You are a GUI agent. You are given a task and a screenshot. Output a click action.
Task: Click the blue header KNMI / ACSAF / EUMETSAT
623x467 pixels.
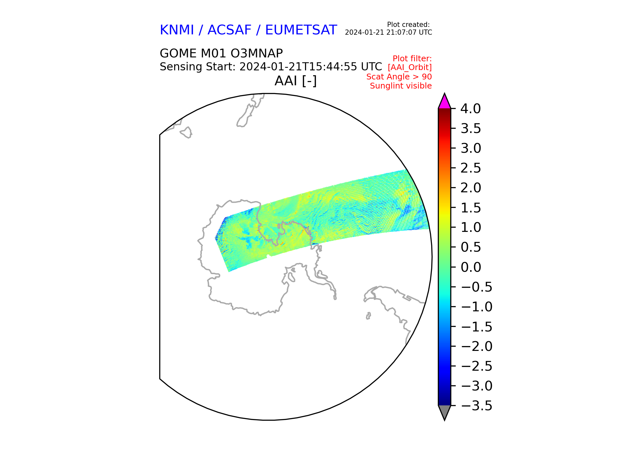248,30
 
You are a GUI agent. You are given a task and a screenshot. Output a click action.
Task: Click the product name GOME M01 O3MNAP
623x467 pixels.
221,53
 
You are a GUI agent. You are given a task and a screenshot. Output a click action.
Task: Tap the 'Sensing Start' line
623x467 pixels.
271,67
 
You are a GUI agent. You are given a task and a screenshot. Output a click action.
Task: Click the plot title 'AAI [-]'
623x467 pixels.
296,81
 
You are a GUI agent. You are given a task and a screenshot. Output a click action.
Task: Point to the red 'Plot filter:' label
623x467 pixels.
412,59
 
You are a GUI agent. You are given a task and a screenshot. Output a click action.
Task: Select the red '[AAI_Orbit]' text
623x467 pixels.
410,67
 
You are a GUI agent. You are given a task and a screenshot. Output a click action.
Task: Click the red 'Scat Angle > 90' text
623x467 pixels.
399,77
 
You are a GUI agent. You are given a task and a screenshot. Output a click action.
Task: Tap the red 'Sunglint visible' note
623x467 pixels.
401,86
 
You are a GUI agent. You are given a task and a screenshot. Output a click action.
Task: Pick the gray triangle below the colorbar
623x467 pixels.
445,412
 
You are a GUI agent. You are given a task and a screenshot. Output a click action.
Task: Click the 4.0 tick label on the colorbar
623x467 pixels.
471,109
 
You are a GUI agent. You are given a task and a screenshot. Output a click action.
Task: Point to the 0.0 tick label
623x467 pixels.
471,267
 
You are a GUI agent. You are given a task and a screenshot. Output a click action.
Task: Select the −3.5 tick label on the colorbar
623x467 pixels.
476,406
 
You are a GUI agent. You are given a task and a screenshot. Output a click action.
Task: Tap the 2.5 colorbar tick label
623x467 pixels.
471,168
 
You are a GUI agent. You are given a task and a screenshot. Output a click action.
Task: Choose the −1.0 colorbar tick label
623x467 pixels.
476,307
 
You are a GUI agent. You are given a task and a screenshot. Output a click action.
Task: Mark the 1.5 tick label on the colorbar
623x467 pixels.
471,208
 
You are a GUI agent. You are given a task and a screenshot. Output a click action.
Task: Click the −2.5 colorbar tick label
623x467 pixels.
476,366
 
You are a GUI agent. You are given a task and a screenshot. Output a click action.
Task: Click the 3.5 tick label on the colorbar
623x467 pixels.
471,129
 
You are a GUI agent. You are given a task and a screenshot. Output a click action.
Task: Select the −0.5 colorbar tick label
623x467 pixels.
476,287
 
